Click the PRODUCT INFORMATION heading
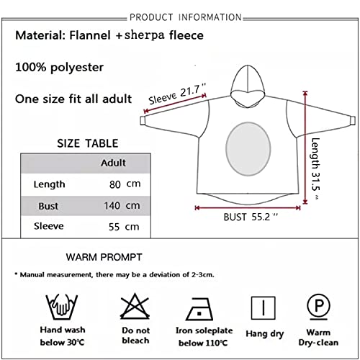click(186, 17)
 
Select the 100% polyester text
click(59, 67)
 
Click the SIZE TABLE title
click(88, 143)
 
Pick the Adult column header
click(113, 163)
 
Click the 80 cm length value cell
click(125, 184)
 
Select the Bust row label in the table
click(48, 206)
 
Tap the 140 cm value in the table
click(122, 206)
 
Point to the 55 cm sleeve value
click(124, 227)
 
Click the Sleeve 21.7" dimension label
click(177, 94)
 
